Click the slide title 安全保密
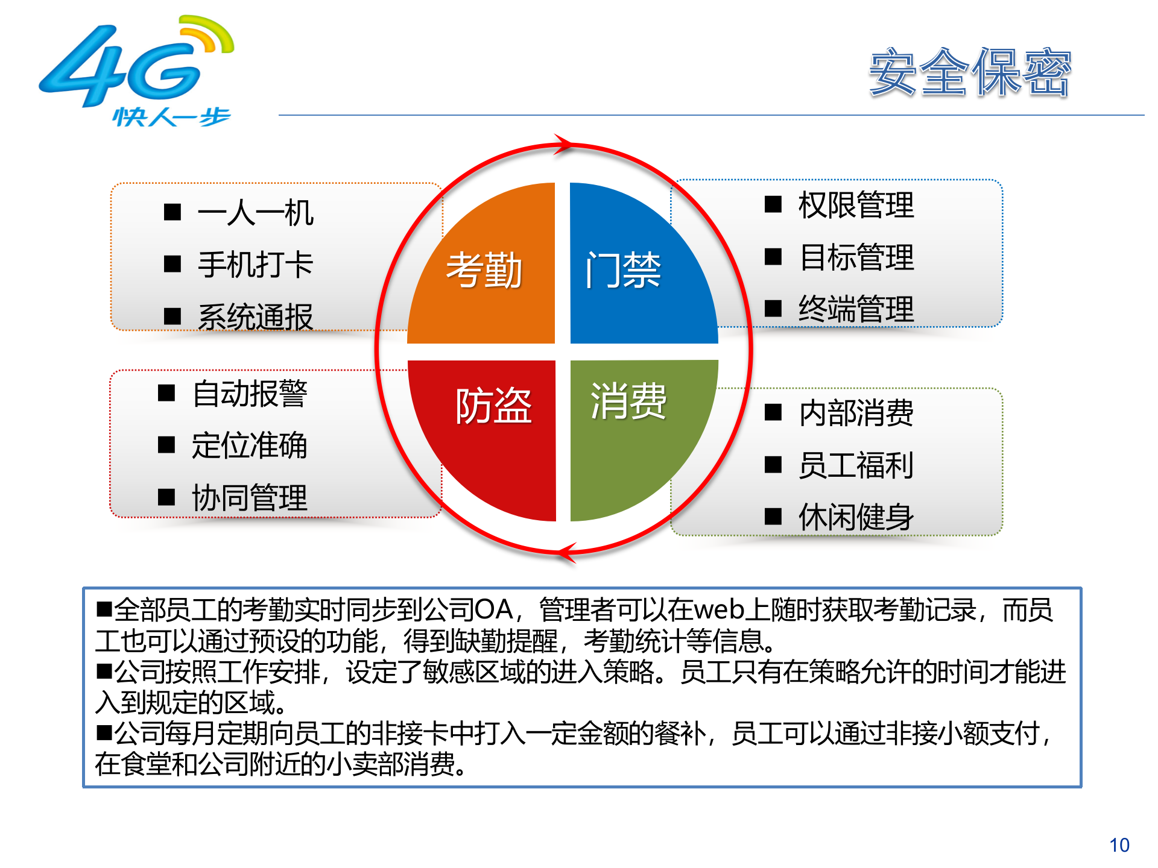(969, 73)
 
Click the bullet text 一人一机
(255, 213)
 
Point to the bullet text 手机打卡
(255, 265)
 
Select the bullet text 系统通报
(255, 316)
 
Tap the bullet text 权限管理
(856, 205)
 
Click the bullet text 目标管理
(856, 257)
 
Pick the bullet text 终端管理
(856, 309)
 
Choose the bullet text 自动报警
(250, 394)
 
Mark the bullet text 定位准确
(250, 446)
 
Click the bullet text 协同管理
(250, 498)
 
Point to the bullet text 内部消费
(856, 414)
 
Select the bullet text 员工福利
(856, 465)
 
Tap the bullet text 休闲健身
(856, 517)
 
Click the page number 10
(1119, 845)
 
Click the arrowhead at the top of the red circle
(564, 145)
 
